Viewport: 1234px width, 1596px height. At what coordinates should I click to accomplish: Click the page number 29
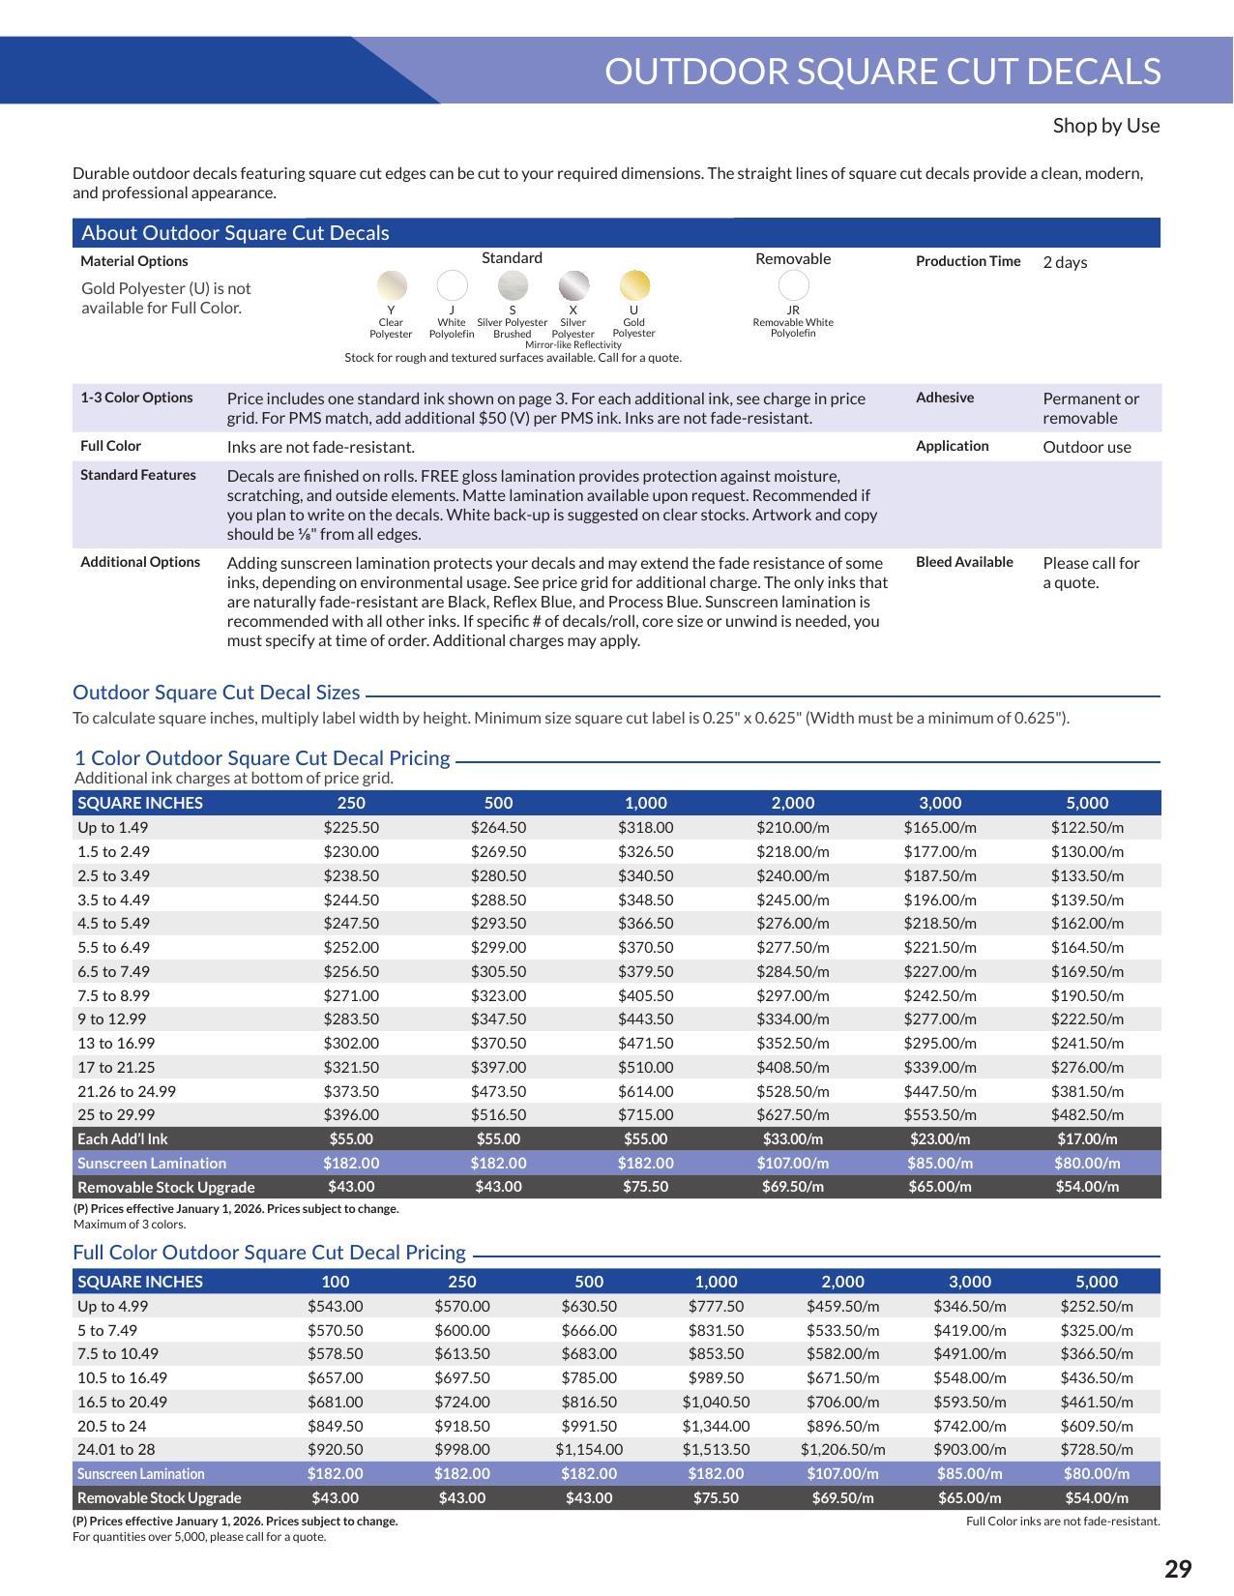click(1177, 1568)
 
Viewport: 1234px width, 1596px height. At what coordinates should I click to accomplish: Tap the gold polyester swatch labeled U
click(634, 285)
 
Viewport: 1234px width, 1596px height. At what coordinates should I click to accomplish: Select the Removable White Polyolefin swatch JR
click(793, 285)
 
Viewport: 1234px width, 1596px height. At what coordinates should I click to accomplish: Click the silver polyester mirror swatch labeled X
click(573, 285)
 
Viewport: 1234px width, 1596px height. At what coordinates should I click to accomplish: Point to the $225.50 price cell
click(351, 828)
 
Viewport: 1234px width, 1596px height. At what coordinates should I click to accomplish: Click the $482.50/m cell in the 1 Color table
click(1087, 1115)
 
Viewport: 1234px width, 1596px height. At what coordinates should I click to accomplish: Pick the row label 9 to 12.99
click(112, 1020)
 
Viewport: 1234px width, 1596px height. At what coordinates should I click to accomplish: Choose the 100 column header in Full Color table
click(335, 1282)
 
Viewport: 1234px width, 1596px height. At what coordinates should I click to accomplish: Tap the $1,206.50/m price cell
click(842, 1450)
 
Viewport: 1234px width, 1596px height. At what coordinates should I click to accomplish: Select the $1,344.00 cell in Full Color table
click(716, 1426)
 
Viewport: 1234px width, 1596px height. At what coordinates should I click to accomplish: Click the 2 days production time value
click(1065, 262)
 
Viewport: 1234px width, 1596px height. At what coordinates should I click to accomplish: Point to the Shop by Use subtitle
click(1105, 126)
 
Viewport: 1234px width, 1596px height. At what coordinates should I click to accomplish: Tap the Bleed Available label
click(964, 562)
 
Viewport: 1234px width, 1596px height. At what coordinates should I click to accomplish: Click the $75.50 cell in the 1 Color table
click(645, 1187)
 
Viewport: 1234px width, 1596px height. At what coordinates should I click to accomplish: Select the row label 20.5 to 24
click(112, 1426)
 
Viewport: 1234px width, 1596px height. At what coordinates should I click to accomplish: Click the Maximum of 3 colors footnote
click(130, 1225)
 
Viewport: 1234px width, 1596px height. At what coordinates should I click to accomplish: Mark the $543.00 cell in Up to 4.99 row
click(335, 1306)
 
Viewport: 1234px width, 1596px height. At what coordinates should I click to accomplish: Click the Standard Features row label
click(138, 475)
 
